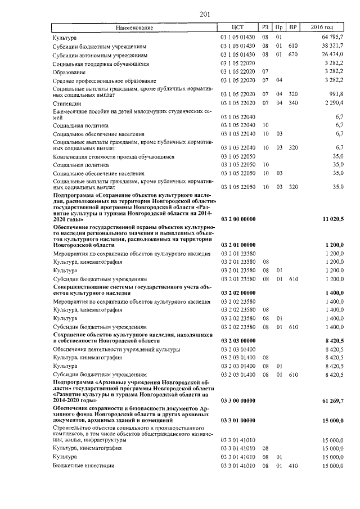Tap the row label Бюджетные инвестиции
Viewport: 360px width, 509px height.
tap(84, 466)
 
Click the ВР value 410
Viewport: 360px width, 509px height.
tap(292, 466)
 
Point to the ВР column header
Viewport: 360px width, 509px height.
tap(292, 27)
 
